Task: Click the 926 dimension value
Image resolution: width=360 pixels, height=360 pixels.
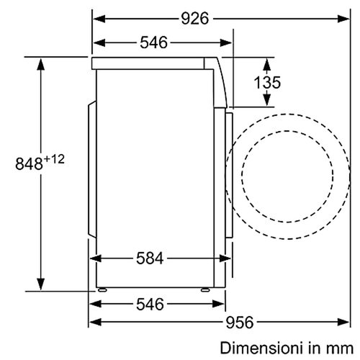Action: (x=195, y=19)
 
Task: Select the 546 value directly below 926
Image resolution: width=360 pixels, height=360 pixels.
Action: (x=153, y=42)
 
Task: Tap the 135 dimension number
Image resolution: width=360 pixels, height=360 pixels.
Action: (x=267, y=82)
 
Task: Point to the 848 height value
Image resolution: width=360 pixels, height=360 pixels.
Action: (x=29, y=164)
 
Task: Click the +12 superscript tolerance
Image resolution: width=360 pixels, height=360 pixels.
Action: (x=55, y=159)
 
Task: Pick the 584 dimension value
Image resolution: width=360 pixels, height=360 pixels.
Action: (x=150, y=258)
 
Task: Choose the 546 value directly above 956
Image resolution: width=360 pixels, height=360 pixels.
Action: (x=150, y=304)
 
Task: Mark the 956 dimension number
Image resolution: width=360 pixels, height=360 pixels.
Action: (x=240, y=322)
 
